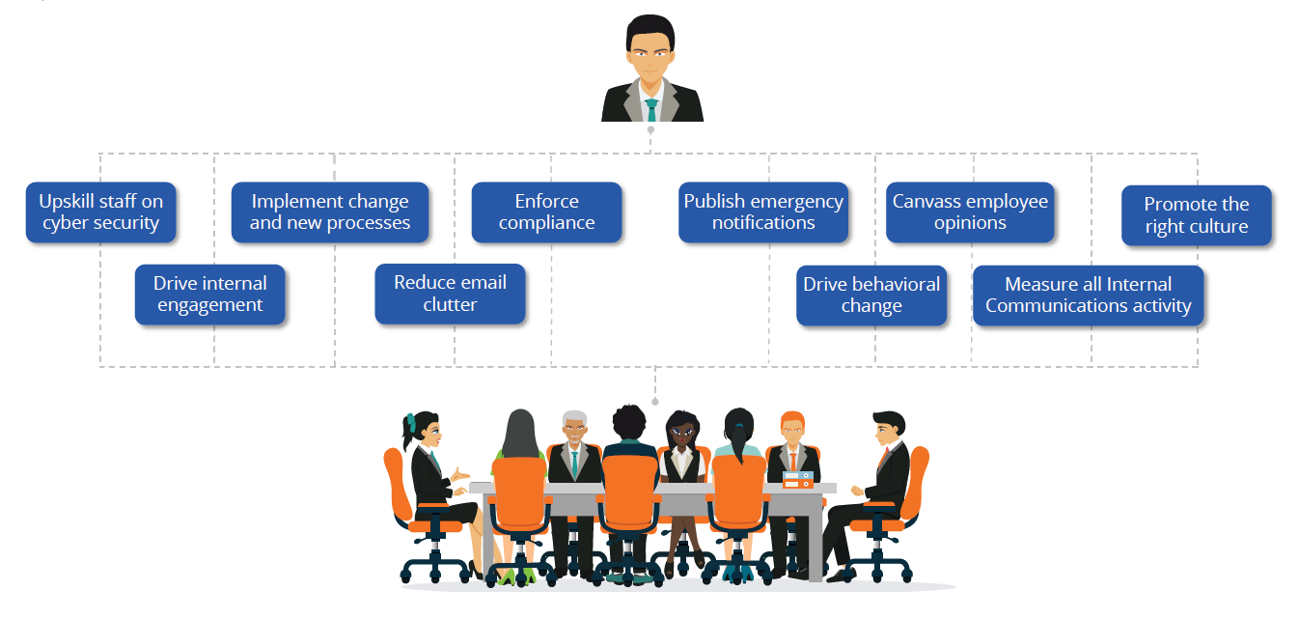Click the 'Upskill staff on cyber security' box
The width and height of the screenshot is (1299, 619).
click(x=100, y=212)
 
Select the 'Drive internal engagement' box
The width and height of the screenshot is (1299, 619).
click(x=209, y=295)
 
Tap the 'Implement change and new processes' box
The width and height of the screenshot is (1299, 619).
click(x=330, y=212)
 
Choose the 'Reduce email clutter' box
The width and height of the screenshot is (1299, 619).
click(x=450, y=294)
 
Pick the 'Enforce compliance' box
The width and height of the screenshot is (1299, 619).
click(x=546, y=212)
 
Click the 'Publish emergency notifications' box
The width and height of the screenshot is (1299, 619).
click(x=763, y=212)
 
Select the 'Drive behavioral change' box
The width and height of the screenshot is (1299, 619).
click(x=871, y=295)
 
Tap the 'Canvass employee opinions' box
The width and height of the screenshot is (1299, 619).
click(x=970, y=212)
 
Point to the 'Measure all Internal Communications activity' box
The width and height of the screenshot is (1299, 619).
click(x=1088, y=295)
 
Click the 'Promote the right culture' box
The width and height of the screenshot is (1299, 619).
click(x=1196, y=215)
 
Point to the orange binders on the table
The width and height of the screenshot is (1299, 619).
click(x=797, y=479)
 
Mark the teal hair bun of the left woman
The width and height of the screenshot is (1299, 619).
click(x=410, y=422)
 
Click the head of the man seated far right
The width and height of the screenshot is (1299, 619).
click(x=887, y=429)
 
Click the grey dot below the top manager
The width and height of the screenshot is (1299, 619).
click(x=650, y=129)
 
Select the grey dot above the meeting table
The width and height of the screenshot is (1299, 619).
click(x=655, y=401)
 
